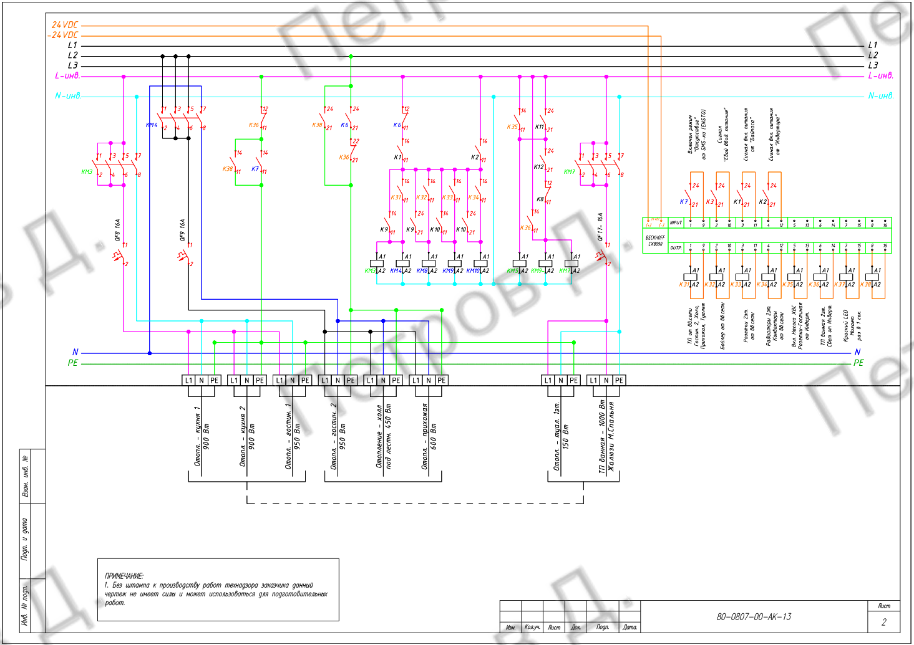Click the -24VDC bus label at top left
coord(63,36)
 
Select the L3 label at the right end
coord(873,65)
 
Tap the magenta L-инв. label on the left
coord(67,76)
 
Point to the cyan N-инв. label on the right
coord(880,96)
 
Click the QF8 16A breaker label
coord(117,229)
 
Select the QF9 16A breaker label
coord(182,229)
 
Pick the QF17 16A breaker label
coord(600,227)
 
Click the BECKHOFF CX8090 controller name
coord(654,241)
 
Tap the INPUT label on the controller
coord(676,222)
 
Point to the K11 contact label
coord(539,127)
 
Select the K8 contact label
coord(540,199)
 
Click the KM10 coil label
coord(473,271)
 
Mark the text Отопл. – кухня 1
coord(197,436)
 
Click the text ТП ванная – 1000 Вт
coord(602,436)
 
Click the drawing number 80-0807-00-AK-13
coord(754,617)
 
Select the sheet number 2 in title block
coord(883,622)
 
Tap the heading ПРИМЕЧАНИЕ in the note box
coord(124,576)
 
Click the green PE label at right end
coord(858,363)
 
